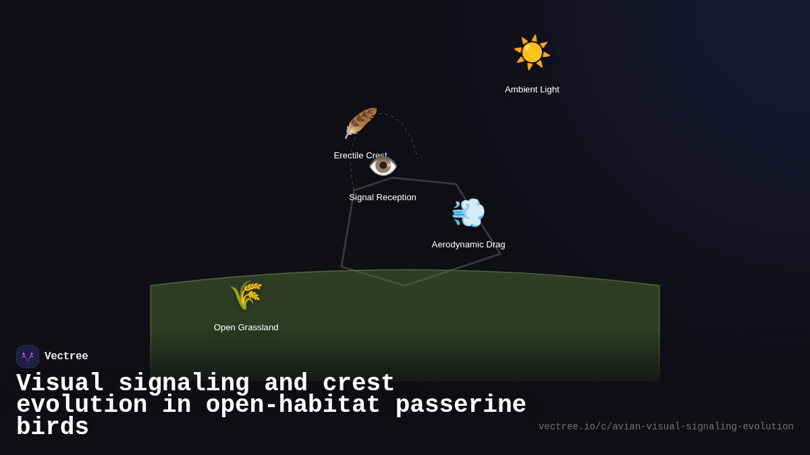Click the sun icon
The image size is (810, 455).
pos(532,53)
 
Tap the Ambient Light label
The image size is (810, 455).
pos(532,90)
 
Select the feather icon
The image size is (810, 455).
pos(360,123)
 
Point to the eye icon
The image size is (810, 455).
pos(383,166)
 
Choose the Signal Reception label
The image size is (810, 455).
pos(383,198)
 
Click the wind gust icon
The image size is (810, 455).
pos(468,213)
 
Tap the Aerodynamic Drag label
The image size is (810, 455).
pos(468,245)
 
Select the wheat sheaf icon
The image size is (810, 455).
pos(246,295)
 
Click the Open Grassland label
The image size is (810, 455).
pos(246,328)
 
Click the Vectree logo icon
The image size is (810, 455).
pos(28,357)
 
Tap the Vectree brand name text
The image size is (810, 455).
pos(66,357)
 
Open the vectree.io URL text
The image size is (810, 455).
pos(666,427)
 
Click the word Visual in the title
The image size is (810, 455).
pos(60,384)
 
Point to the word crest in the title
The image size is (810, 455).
pos(358,384)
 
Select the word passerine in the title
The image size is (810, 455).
pos(460,405)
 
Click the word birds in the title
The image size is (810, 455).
pos(53,427)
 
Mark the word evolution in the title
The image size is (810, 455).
pos(82,405)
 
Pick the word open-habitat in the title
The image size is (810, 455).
pos(293,405)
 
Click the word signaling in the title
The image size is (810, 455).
pos(184,384)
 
